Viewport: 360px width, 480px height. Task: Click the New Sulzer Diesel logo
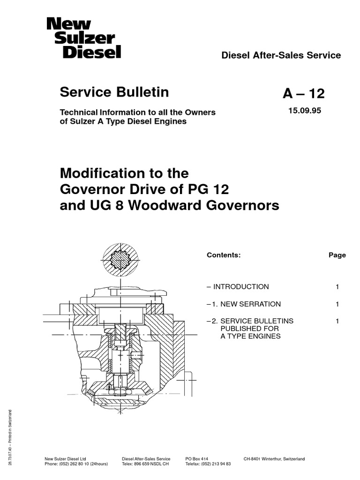point(83,37)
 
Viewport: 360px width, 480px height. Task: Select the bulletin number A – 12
point(303,94)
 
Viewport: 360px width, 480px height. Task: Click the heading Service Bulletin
point(114,92)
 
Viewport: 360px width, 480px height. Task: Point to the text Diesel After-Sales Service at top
point(281,55)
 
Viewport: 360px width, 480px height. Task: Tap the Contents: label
point(224,255)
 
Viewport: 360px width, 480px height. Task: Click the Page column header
point(337,255)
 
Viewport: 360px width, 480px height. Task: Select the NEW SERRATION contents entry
point(246,304)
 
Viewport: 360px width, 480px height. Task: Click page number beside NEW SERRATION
point(337,304)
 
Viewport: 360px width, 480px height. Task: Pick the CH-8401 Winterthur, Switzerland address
point(274,459)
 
